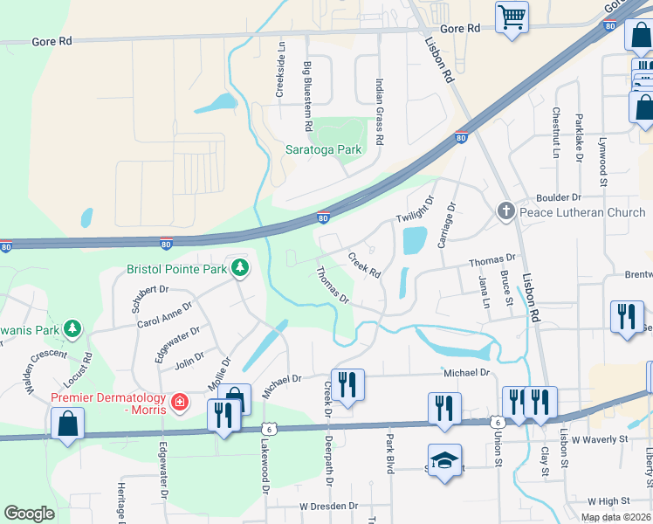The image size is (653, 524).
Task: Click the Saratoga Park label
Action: click(x=323, y=149)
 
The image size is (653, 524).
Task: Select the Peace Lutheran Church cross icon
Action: click(x=505, y=211)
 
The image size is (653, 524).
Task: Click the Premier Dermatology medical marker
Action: click(x=181, y=402)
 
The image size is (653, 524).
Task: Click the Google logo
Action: click(x=29, y=514)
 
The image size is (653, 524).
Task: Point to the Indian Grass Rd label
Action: click(x=380, y=112)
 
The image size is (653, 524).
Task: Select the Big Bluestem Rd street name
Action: click(x=307, y=91)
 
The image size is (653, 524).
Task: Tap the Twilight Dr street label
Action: click(x=415, y=209)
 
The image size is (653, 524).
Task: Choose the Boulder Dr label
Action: click(x=571, y=197)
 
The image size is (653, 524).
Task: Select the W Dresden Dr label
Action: click(x=330, y=506)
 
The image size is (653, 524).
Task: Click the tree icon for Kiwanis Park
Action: click(x=74, y=329)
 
